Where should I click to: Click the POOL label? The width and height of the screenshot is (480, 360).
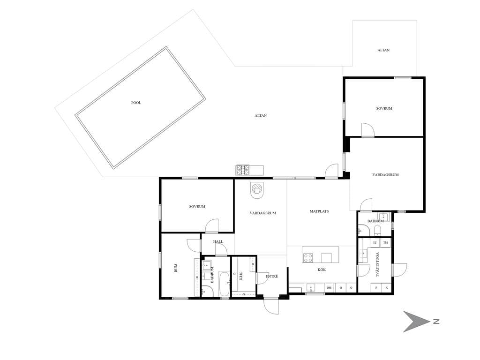tap(136, 103)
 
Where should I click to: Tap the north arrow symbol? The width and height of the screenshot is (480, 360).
tap(414, 322)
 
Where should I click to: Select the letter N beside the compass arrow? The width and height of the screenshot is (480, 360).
tap(436, 322)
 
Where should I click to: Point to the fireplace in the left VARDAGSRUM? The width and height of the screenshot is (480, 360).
tap(257, 190)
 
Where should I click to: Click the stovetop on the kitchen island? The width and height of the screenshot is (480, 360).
tap(308, 258)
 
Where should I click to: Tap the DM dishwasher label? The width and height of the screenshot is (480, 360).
tap(329, 288)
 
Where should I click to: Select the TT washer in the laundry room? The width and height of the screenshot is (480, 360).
tap(375, 243)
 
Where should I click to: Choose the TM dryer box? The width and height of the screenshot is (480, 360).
tap(385, 243)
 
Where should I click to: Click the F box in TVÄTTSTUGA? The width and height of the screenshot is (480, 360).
tap(376, 288)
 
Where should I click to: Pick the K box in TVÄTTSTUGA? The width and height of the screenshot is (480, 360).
tap(387, 288)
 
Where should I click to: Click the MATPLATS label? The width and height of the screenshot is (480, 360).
tap(319, 211)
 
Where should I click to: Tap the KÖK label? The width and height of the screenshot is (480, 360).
tap(322, 270)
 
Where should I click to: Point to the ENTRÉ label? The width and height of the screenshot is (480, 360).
tap(272, 277)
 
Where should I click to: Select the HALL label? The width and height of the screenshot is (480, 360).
tap(218, 241)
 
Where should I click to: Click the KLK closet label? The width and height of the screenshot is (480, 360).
tap(241, 276)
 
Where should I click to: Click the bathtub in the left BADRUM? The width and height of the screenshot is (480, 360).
tap(224, 284)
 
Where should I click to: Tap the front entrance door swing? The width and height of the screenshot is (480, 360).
tap(271, 306)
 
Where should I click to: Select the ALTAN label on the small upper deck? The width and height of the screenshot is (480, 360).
tap(383, 50)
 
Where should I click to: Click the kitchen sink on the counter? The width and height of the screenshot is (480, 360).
tap(311, 288)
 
